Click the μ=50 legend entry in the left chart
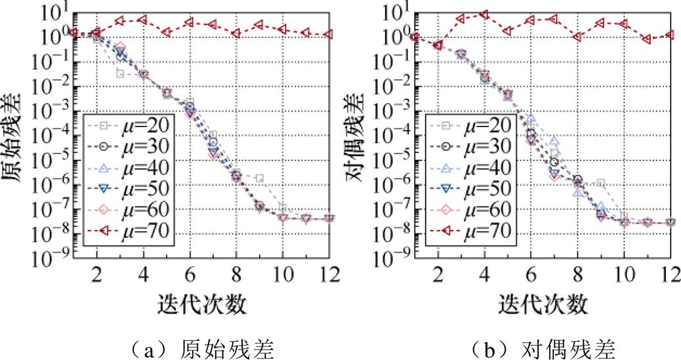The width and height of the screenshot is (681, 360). (x=129, y=188)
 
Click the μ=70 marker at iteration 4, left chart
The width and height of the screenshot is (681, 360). (x=143, y=20)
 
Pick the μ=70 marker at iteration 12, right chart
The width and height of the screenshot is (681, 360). (x=670, y=35)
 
